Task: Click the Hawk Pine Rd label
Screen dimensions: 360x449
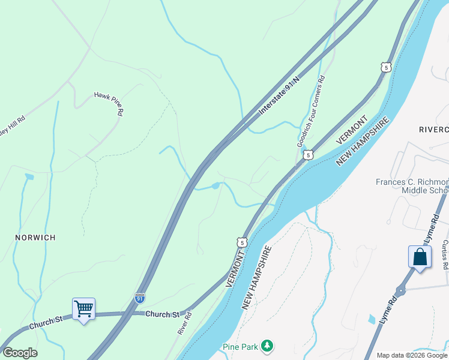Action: point(109,104)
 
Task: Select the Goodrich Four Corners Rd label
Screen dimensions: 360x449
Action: point(311,112)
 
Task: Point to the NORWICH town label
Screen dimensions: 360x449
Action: point(35,238)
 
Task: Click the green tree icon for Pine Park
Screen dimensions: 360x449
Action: point(267,346)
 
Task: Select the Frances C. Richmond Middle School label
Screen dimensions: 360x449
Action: point(412,186)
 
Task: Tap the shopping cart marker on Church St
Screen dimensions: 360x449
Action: point(83,309)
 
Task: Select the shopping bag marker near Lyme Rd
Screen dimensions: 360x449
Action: point(419,257)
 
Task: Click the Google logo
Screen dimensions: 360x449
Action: point(20,353)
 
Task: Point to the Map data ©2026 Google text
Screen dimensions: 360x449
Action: point(412,355)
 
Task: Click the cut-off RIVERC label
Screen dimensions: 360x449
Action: point(433,130)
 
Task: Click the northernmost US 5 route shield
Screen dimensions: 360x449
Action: point(386,67)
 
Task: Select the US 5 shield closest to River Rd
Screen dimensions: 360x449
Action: point(241,242)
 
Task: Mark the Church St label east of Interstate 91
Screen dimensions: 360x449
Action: point(163,314)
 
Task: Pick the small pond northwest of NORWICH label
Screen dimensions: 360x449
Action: point(29,177)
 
